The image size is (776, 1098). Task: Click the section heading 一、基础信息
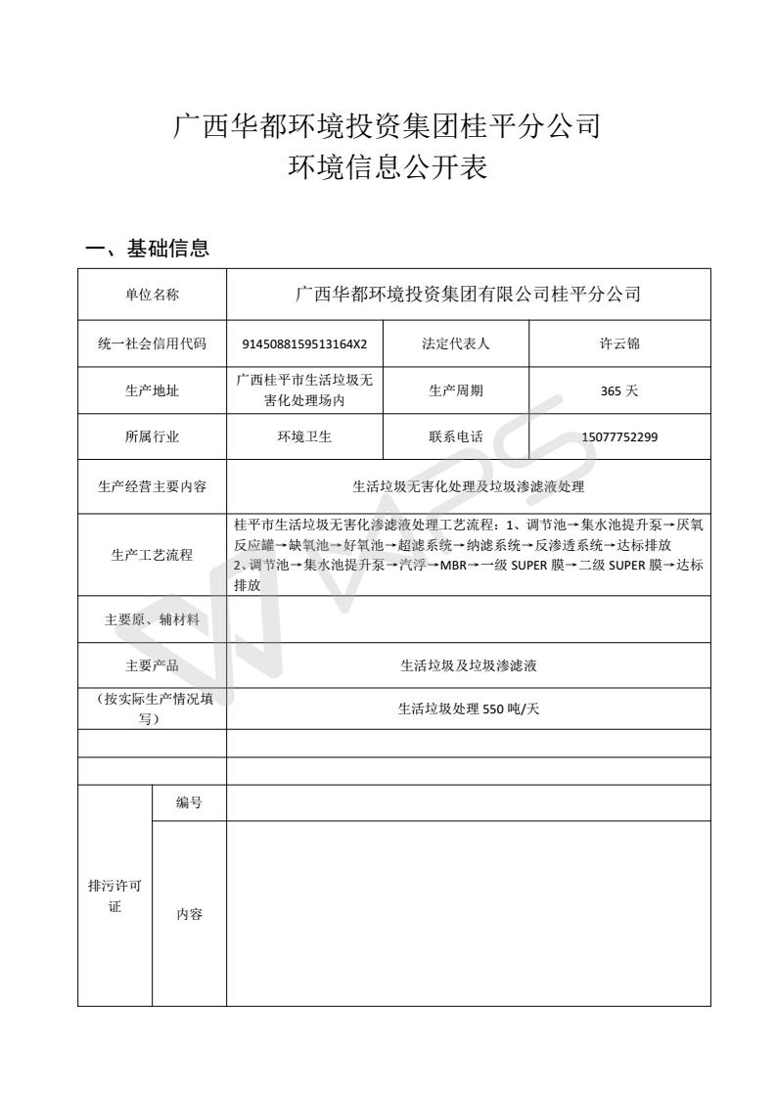[148, 249]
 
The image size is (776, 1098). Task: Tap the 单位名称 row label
[152, 295]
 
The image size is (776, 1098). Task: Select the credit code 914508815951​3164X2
[304, 344]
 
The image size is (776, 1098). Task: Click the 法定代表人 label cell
[455, 343]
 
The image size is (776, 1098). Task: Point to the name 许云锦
[619, 343]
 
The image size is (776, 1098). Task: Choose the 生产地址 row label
[152, 390]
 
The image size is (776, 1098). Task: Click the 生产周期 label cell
[455, 390]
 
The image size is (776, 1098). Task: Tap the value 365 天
[619, 390]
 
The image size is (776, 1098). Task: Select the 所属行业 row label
[152, 437]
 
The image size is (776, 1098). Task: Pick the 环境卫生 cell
[304, 437]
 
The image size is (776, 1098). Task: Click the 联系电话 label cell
[455, 437]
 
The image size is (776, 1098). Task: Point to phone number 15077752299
[619, 437]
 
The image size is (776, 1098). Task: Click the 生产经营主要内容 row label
[152, 485]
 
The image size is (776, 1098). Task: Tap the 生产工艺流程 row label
[152, 555]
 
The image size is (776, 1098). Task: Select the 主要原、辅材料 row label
[152, 619]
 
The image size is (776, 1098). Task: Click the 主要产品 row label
[152, 666]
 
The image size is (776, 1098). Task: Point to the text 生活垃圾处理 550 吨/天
[469, 709]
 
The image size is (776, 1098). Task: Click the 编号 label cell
[189, 802]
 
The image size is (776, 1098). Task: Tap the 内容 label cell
[189, 914]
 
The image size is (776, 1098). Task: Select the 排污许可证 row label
[114, 896]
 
